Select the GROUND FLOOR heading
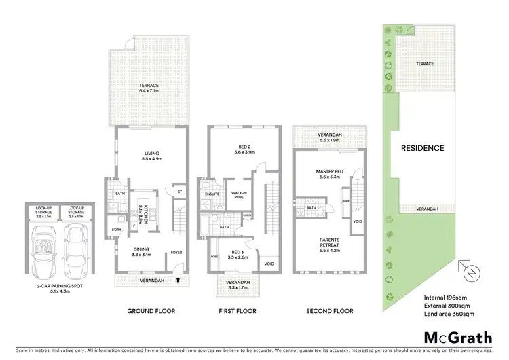coord(151,311)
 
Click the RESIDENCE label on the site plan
coord(421,148)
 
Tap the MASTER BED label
coord(328,171)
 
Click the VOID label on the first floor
coord(269,264)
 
